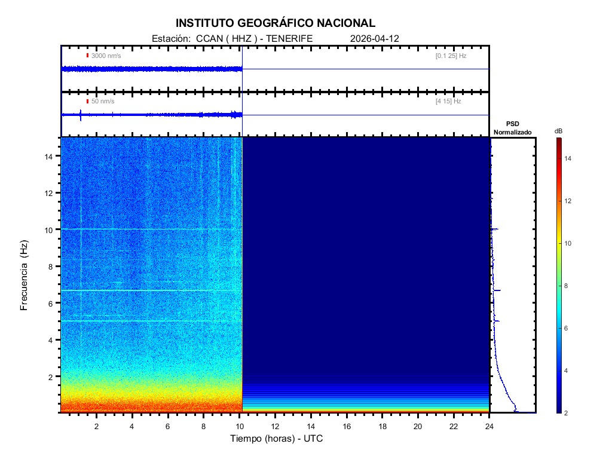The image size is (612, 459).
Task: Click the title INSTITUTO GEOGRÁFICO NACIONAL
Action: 276,23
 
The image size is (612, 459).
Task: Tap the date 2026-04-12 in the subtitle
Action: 375,38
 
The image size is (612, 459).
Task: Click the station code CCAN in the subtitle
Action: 207,38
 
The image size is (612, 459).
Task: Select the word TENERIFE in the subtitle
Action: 289,38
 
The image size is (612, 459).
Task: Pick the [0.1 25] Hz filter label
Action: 451,56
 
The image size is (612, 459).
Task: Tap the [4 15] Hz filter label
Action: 448,102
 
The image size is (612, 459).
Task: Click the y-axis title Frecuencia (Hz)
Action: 25,275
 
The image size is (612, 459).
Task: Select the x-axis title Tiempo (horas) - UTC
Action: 277,439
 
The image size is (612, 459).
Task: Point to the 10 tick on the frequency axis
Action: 50,229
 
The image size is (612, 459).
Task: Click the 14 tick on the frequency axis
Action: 50,156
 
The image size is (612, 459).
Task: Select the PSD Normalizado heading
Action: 512,128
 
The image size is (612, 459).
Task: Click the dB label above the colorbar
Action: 558,130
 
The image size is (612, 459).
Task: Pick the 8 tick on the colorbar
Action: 568,286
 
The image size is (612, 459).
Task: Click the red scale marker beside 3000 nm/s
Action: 87,56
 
